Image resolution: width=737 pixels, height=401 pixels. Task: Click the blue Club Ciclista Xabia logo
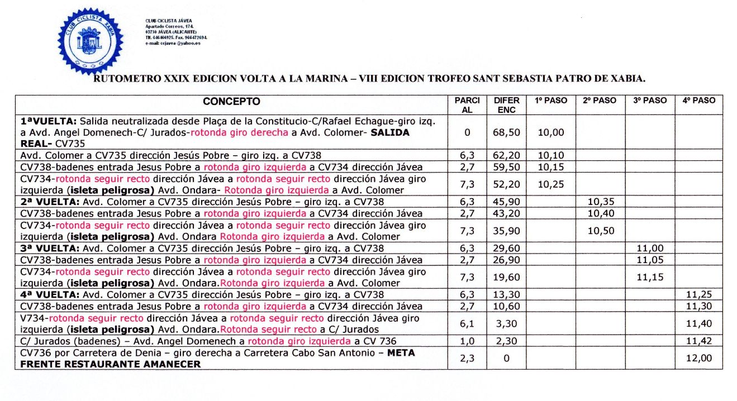point(90,41)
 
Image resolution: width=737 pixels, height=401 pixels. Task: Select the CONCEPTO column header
point(231,102)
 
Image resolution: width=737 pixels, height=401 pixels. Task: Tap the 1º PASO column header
point(551,101)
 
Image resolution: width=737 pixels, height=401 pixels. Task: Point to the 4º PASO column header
point(698,101)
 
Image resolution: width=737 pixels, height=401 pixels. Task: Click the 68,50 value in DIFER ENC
point(506,132)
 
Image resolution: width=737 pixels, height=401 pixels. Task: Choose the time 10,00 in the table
point(551,132)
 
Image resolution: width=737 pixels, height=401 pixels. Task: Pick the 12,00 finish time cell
point(698,358)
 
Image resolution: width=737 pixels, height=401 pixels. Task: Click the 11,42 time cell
point(698,341)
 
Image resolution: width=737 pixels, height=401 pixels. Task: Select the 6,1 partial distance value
point(467,323)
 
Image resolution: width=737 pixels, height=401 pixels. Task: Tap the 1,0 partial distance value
point(467,341)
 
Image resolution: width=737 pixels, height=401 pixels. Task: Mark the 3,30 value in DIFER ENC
point(506,323)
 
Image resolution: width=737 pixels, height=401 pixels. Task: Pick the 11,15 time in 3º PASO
point(649,277)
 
